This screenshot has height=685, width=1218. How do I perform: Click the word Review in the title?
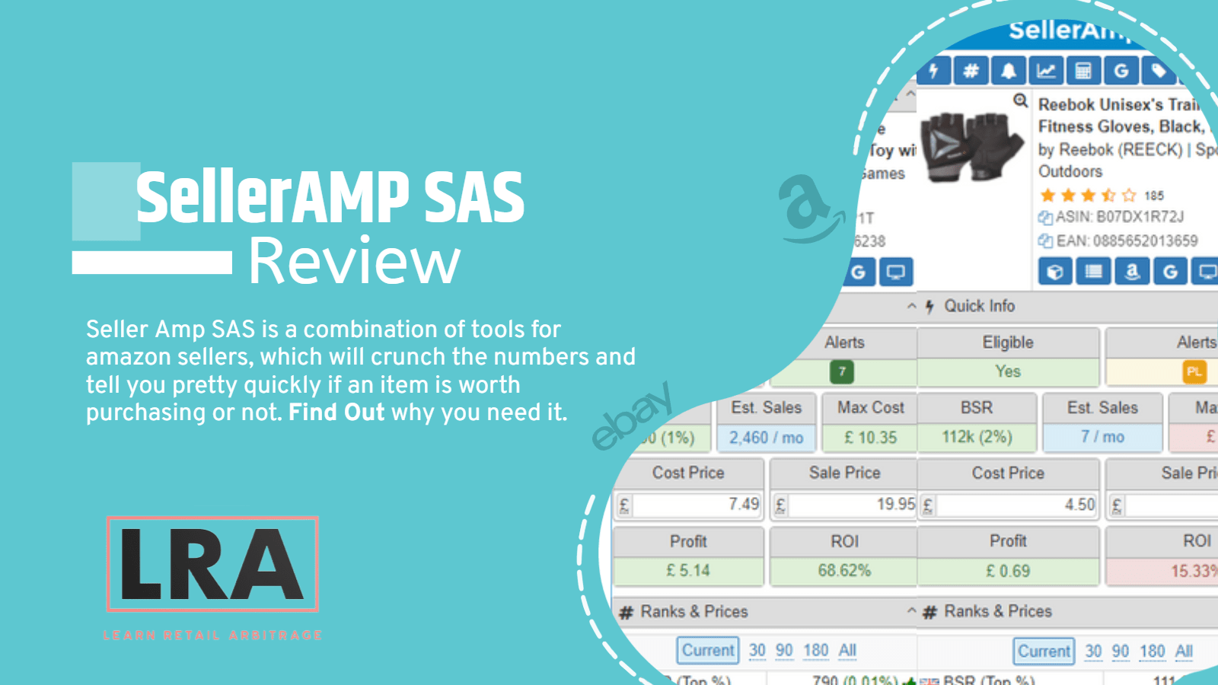(x=355, y=261)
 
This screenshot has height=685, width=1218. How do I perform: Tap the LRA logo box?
(x=212, y=564)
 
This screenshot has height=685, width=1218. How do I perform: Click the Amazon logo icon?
(x=808, y=208)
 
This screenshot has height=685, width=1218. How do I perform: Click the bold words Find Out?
(x=336, y=413)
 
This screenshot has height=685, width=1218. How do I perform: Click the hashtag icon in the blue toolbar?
(x=971, y=72)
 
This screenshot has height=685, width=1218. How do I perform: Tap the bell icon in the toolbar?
(x=1009, y=72)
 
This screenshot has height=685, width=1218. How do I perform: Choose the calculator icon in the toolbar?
(x=1083, y=72)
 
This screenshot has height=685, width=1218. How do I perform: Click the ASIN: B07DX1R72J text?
(x=1119, y=217)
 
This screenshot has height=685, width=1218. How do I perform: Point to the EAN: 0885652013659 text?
(x=1127, y=241)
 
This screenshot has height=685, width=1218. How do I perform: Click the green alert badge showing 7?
(x=842, y=372)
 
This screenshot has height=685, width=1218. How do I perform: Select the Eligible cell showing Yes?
(x=1008, y=372)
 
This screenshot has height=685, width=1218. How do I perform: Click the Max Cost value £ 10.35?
(x=870, y=438)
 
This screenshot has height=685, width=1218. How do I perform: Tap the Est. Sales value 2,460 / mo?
(x=766, y=438)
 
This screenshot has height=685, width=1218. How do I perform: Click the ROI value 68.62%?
(x=844, y=571)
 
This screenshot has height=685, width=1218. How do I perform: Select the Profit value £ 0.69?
(x=1008, y=571)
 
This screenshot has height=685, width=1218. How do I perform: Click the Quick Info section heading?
(x=979, y=306)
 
